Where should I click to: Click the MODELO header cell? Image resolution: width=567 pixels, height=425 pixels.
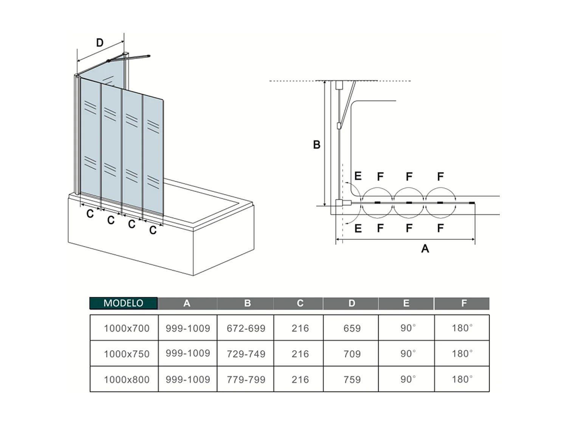[123, 303]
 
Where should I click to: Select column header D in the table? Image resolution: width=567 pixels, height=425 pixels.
[352, 303]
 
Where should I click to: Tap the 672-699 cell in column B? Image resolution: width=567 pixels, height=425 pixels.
[246, 328]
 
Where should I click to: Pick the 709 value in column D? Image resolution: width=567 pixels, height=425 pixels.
[352, 354]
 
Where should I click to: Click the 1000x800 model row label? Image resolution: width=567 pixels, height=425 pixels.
[127, 380]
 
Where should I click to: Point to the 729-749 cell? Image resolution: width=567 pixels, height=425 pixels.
[246, 354]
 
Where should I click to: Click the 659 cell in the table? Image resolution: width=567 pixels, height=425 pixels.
[352, 328]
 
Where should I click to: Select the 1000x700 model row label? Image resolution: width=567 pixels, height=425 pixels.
[127, 328]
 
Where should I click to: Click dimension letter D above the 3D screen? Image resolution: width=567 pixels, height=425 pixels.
[100, 43]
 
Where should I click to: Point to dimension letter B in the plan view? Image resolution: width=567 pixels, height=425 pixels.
[317, 145]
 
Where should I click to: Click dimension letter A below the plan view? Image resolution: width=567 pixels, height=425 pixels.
[425, 249]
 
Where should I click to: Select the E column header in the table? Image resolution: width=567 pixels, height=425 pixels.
[406, 303]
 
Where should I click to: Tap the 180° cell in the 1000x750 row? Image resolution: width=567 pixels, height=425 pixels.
[462, 354]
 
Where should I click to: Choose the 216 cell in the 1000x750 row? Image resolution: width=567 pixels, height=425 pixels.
[300, 354]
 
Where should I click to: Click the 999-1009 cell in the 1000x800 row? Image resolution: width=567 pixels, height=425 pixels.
[188, 379]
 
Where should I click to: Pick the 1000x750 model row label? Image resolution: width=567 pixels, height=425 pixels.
[127, 354]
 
